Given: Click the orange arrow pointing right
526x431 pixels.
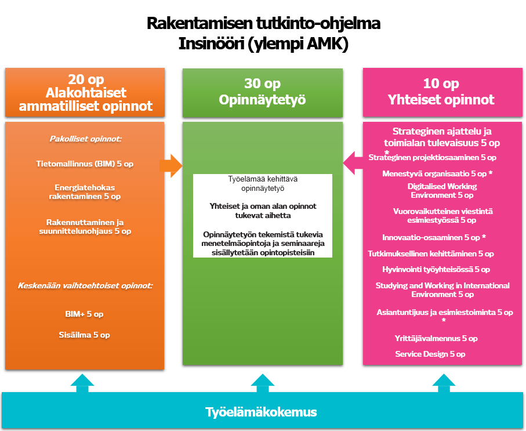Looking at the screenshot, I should tap(171, 166).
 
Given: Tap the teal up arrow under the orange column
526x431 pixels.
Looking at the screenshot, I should tap(82, 383).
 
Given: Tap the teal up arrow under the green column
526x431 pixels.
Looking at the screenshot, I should tap(263, 383).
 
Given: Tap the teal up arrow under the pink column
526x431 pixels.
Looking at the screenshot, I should tap(444, 383).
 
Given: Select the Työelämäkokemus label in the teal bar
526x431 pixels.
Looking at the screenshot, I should tap(261, 412).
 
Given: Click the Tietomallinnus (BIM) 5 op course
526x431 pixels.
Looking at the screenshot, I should tap(85, 164).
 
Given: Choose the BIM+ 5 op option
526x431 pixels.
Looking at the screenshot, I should tap(84, 314).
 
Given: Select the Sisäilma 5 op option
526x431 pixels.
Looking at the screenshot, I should tap(84, 335).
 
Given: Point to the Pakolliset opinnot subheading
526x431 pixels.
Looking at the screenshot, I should tap(84, 139).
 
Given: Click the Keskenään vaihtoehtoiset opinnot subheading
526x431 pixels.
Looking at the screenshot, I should tap(85, 285).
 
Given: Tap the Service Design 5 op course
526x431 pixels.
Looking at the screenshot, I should tap(430, 354).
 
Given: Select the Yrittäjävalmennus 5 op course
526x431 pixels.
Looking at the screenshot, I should tap(436, 338).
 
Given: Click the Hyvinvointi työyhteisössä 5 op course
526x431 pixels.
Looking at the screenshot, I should tap(436, 269).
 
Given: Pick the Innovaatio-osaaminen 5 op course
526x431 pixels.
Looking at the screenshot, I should tap(433, 237).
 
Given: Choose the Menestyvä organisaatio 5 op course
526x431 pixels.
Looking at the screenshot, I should tap(434, 173).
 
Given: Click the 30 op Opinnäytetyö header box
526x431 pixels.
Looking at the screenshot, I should tap(262, 92).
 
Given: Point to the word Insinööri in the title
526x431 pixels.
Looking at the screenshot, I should tap(213, 44).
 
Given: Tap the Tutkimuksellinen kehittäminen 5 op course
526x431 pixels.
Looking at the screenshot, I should tap(431, 253).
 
